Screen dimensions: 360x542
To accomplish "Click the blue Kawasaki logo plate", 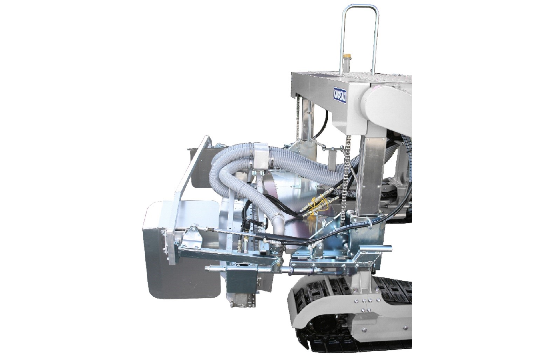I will tap(340, 95).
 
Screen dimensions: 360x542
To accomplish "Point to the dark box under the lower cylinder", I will tap(241, 282).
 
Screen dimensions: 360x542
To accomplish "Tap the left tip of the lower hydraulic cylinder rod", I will tap(208, 269).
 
